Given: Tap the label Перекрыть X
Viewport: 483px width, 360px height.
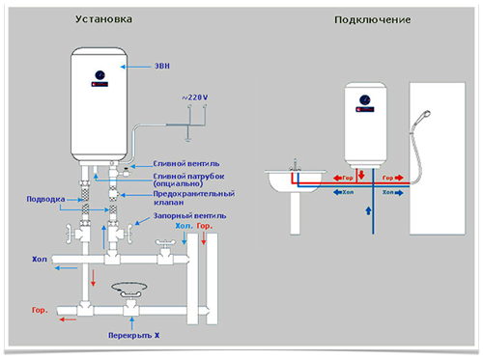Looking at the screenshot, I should point(133,335).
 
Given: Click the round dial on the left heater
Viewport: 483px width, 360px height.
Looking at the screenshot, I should point(98,74).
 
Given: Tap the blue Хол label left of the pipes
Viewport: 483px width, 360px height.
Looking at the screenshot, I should point(40,259).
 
